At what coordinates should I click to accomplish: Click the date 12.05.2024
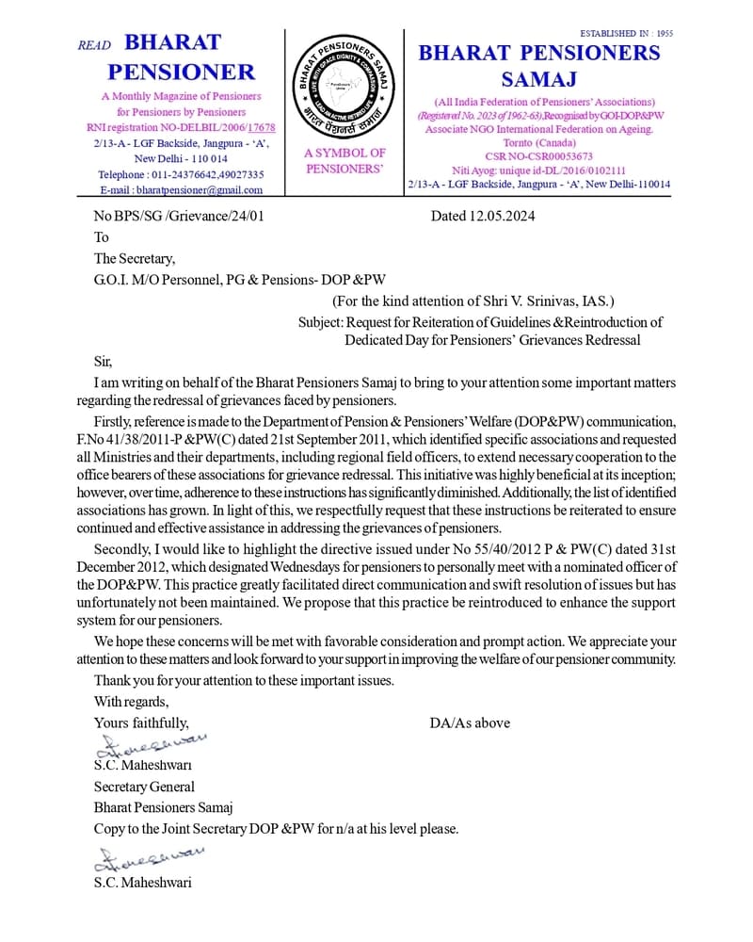499,216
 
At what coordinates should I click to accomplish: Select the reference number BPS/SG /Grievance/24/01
189,216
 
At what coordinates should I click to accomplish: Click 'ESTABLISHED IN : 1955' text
626,33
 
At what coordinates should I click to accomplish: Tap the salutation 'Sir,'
103,362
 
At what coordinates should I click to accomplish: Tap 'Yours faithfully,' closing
141,723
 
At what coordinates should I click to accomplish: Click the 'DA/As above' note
470,723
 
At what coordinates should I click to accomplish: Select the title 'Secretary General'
144,787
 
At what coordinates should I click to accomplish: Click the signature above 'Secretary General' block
151,746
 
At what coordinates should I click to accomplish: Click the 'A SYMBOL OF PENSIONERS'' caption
344,160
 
